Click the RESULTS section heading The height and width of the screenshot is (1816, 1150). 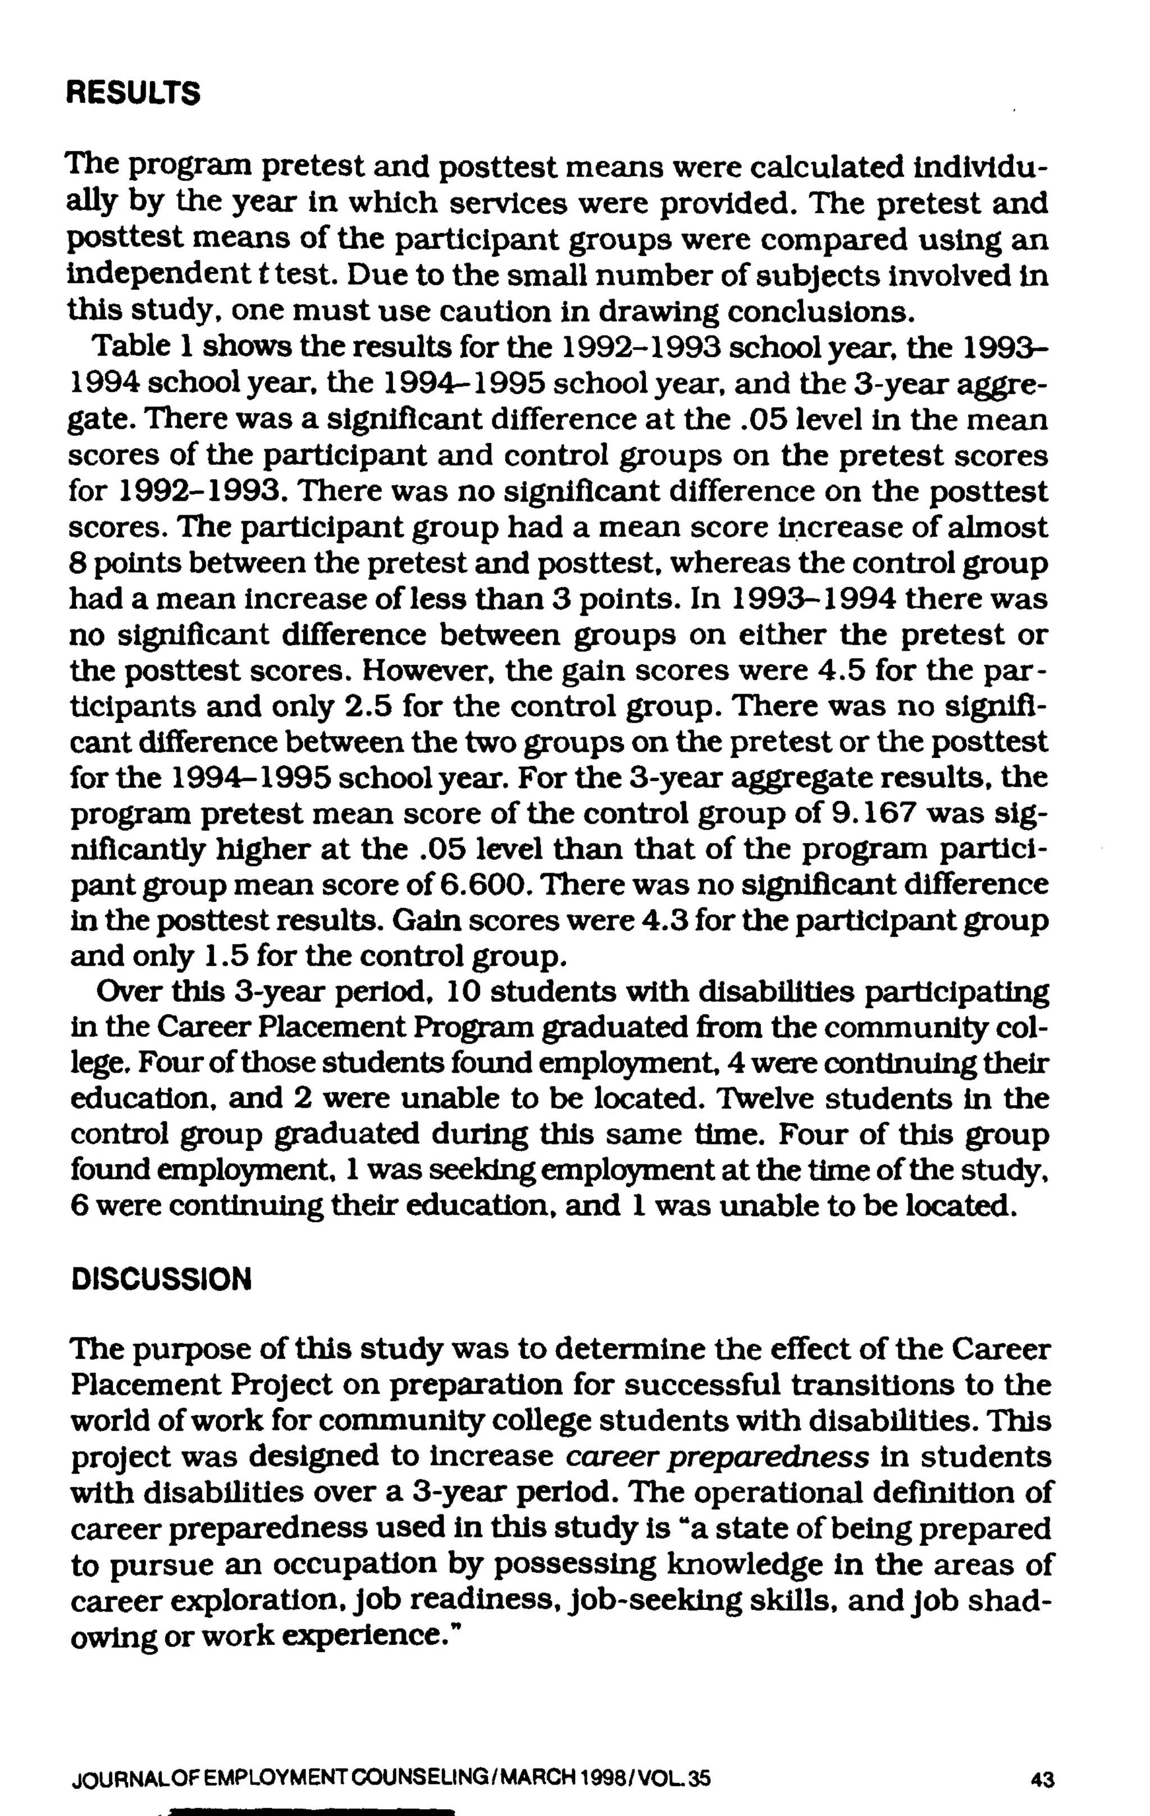coord(134,94)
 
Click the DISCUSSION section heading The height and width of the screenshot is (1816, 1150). coord(161,1279)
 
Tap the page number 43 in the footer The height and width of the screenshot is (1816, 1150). coord(1042,1780)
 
